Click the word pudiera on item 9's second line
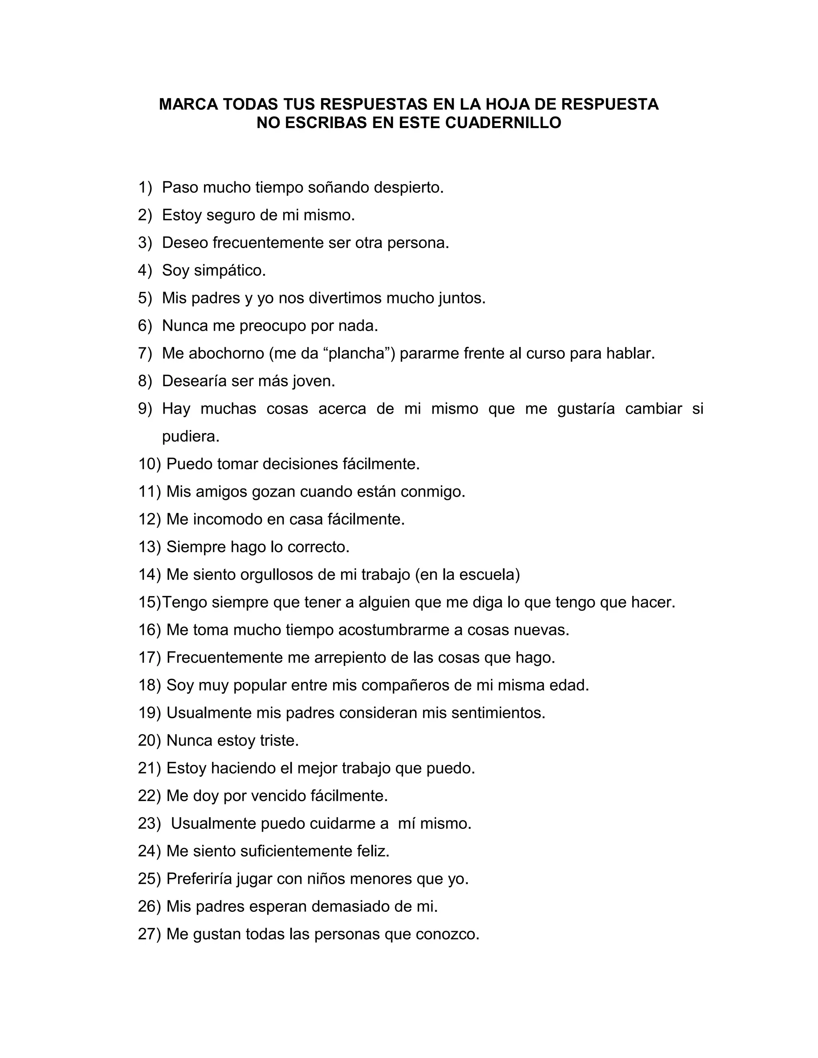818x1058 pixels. coord(191,436)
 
